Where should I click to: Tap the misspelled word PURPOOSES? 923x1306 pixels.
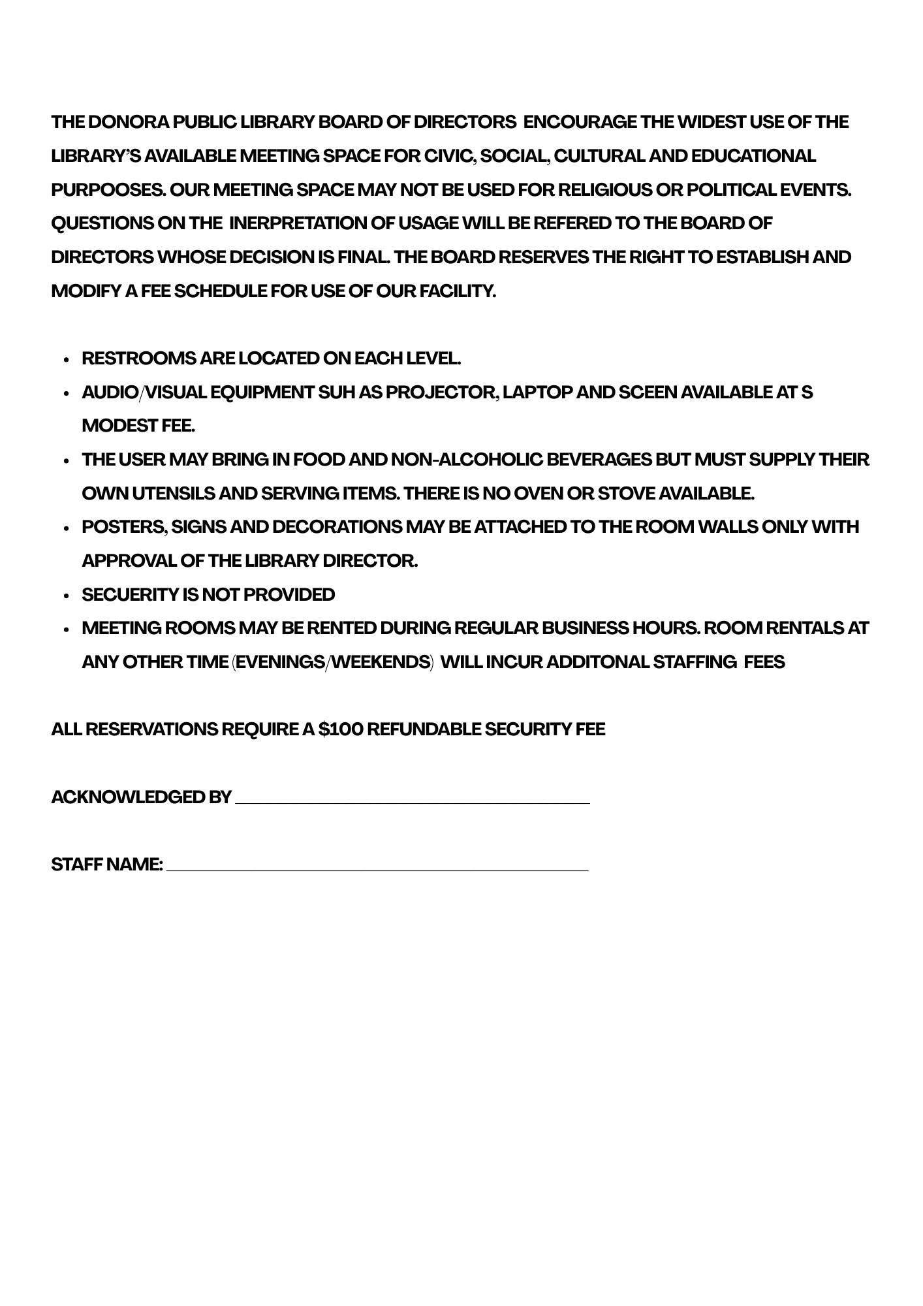point(108,190)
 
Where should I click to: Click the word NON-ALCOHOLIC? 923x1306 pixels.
point(466,460)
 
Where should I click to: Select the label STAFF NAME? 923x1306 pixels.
point(107,865)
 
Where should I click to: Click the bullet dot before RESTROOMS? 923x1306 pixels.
point(67,360)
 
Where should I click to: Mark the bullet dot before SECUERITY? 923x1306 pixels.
point(67,596)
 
